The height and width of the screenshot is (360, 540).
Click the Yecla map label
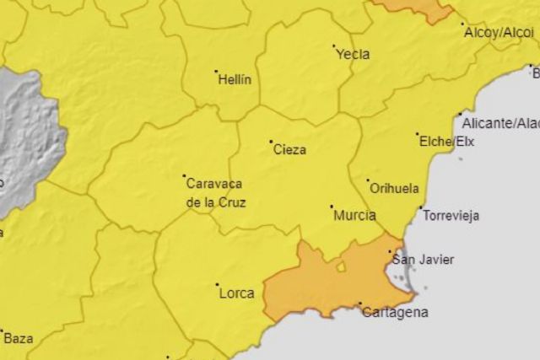coord(353,55)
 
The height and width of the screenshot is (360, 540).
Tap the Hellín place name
coord(235,80)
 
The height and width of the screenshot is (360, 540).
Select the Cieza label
coord(289,150)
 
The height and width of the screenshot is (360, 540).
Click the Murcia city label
coord(354,216)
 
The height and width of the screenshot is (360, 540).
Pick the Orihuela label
coord(390,190)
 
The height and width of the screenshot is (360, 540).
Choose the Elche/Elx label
coord(446,142)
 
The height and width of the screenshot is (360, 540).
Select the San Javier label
coord(423,260)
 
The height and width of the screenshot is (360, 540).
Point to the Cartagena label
coord(394,313)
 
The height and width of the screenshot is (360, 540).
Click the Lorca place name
coord(236,293)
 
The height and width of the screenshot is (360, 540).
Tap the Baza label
coord(19,339)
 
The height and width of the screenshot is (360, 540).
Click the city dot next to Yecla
coord(333,46)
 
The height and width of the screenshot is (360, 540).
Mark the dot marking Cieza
coord(271,142)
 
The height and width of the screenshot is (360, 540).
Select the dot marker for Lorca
coord(217,285)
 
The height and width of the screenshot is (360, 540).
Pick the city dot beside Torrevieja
coord(421,207)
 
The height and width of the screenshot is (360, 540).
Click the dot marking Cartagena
coord(360,304)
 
